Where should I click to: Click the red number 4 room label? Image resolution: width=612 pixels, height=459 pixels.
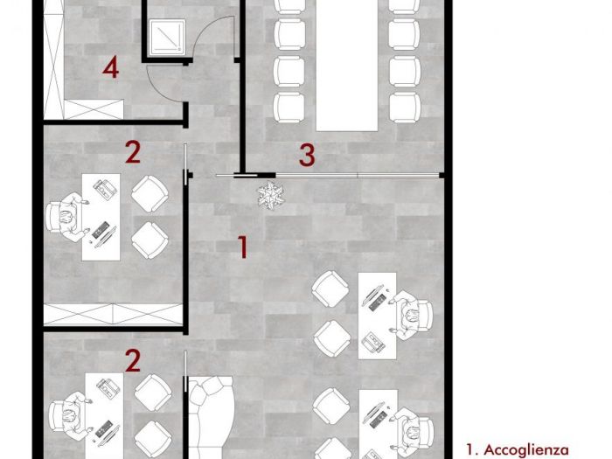(111, 67)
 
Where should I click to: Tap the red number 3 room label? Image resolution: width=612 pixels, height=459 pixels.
(307, 155)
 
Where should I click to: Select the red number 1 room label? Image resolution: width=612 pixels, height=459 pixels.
(243, 247)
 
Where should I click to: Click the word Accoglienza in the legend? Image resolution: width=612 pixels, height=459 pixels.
(526, 449)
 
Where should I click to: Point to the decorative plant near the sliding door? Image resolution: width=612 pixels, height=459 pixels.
(270, 194)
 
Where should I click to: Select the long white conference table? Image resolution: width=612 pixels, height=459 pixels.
(347, 65)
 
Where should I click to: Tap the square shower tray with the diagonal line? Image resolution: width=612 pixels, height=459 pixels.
(168, 37)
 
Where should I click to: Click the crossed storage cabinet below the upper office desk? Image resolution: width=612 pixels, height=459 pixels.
(113, 314)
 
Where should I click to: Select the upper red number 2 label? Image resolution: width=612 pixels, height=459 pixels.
(133, 153)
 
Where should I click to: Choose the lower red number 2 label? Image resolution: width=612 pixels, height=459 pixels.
(133, 360)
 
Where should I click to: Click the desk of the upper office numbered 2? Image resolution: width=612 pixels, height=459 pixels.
(101, 217)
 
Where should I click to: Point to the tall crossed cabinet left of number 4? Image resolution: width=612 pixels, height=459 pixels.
(54, 59)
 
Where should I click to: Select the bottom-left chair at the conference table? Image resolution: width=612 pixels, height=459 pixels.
(289, 108)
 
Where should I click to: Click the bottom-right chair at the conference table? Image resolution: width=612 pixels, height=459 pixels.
(405, 108)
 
